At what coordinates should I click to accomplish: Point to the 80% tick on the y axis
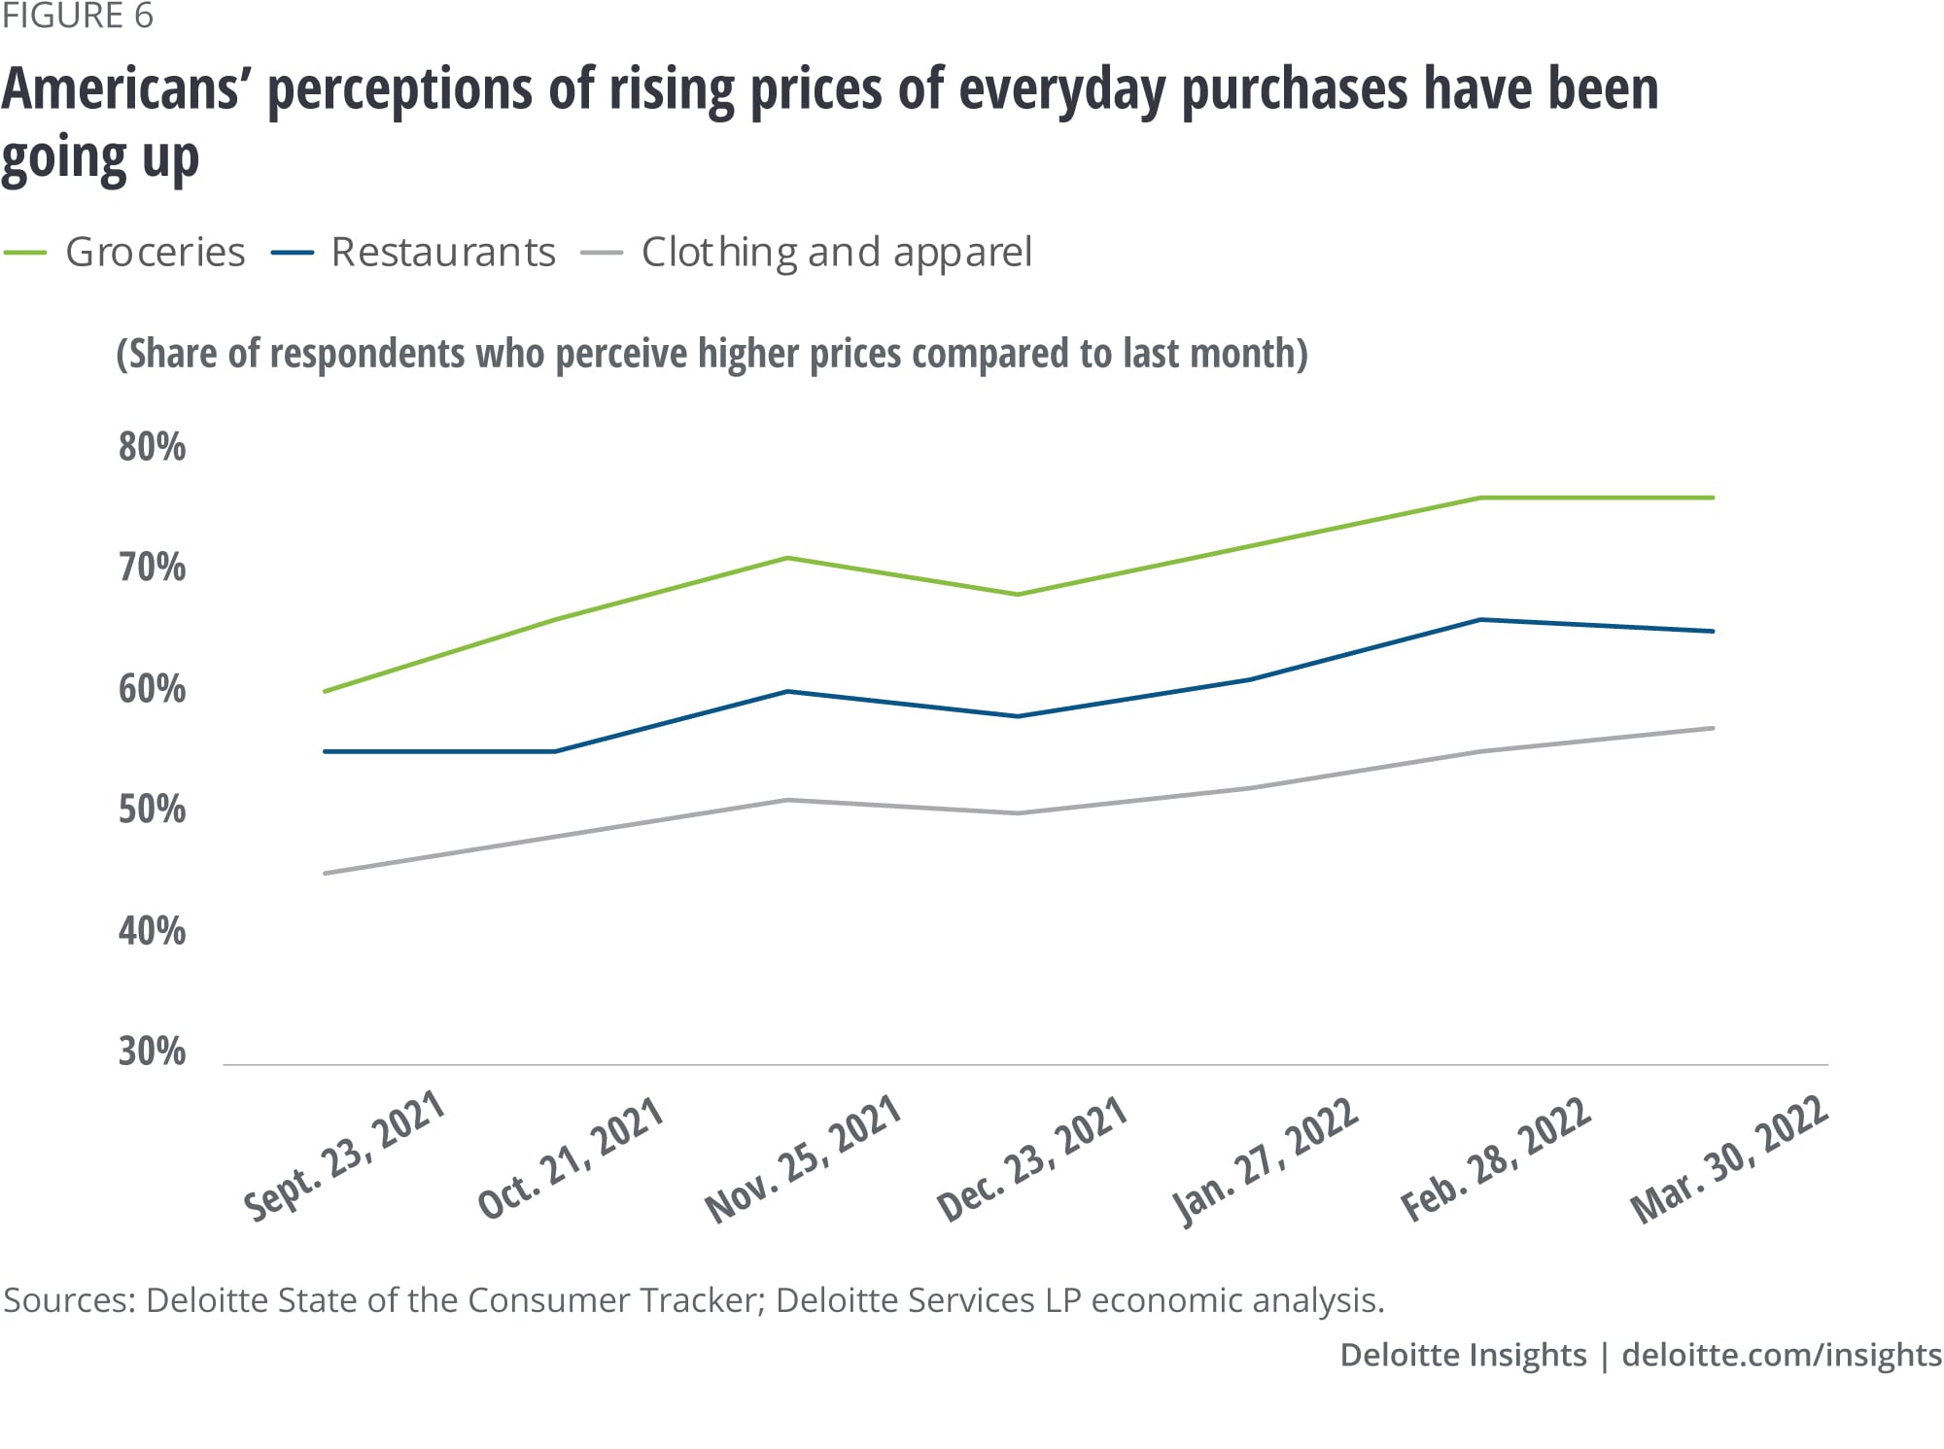click(153, 447)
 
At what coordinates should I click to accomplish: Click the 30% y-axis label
click(153, 1052)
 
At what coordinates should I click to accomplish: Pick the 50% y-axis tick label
click(153, 810)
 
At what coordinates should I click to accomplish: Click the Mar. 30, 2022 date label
click(1729, 1158)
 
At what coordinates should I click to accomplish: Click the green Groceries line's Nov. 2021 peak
click(787, 558)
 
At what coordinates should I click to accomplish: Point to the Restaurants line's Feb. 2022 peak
click(1480, 619)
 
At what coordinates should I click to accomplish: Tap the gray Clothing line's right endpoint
click(1712, 728)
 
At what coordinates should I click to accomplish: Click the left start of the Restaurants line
click(325, 751)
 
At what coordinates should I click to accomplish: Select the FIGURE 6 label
click(78, 17)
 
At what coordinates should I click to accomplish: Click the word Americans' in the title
click(121, 89)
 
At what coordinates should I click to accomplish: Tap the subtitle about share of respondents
click(712, 354)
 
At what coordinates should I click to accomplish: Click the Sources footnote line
click(693, 1300)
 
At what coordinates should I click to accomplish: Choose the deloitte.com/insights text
click(1782, 1355)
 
